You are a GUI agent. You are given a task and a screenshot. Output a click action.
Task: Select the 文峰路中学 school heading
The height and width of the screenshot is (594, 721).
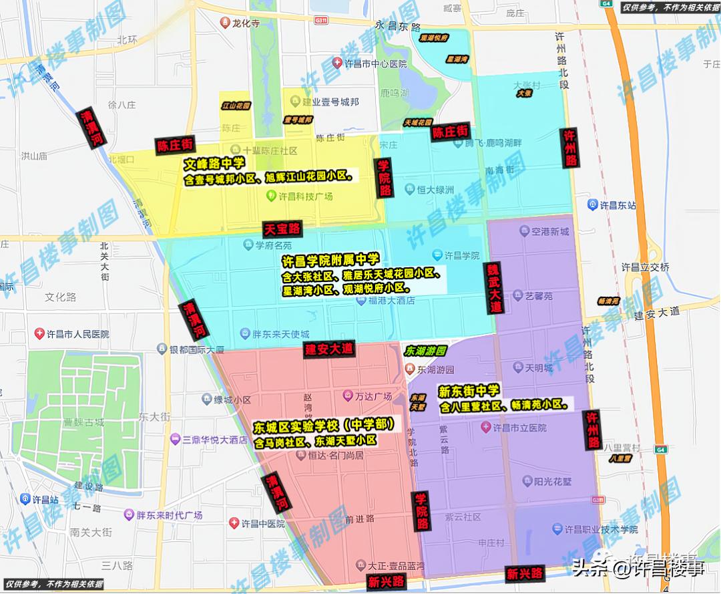215,163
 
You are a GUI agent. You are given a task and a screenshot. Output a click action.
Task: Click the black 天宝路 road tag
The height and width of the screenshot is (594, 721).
282,229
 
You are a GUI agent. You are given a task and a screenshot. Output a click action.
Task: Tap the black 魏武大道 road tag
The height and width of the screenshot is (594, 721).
495,287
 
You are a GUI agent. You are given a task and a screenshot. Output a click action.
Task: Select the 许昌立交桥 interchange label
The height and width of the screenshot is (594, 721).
645,267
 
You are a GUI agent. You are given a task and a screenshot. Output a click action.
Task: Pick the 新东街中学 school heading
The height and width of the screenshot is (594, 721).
469,391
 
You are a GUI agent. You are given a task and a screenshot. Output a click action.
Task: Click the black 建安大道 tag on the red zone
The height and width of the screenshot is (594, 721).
329,349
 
